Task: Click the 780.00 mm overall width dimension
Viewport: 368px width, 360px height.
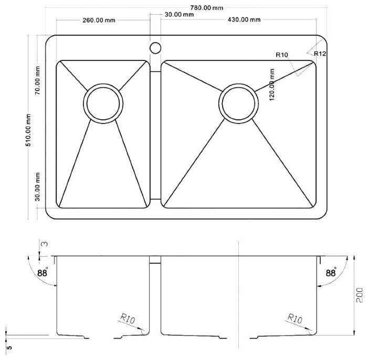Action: coord(206,8)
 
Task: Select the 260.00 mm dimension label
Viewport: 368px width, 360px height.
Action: coord(99,20)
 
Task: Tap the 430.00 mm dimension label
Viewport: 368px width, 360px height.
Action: coord(244,19)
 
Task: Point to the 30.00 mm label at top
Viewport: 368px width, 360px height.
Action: coord(179,15)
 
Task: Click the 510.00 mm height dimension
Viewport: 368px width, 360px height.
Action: coord(28,130)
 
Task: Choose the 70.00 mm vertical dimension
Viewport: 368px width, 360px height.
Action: coord(37,80)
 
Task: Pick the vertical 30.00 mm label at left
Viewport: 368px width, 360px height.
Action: coord(38,187)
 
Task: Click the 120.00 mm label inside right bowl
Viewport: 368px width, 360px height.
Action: coord(272,85)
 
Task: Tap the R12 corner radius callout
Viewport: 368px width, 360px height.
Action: coord(320,54)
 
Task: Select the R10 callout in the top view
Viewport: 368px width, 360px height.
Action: coord(281,55)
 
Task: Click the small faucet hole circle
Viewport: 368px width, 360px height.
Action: coord(155,48)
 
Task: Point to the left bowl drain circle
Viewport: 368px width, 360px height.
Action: coord(103,104)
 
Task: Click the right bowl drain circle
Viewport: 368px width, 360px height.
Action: coord(238,104)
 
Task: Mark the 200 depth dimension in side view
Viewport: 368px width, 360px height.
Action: coord(359,295)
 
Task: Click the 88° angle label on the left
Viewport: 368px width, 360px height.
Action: coord(43,273)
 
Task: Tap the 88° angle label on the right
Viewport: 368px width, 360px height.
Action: coord(331,273)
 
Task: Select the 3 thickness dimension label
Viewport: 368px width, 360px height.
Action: coord(44,244)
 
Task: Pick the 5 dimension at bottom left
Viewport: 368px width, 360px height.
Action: coord(9,347)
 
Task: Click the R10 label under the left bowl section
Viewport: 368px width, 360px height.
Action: coord(128,319)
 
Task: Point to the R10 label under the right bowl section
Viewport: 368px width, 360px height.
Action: coord(295,318)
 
